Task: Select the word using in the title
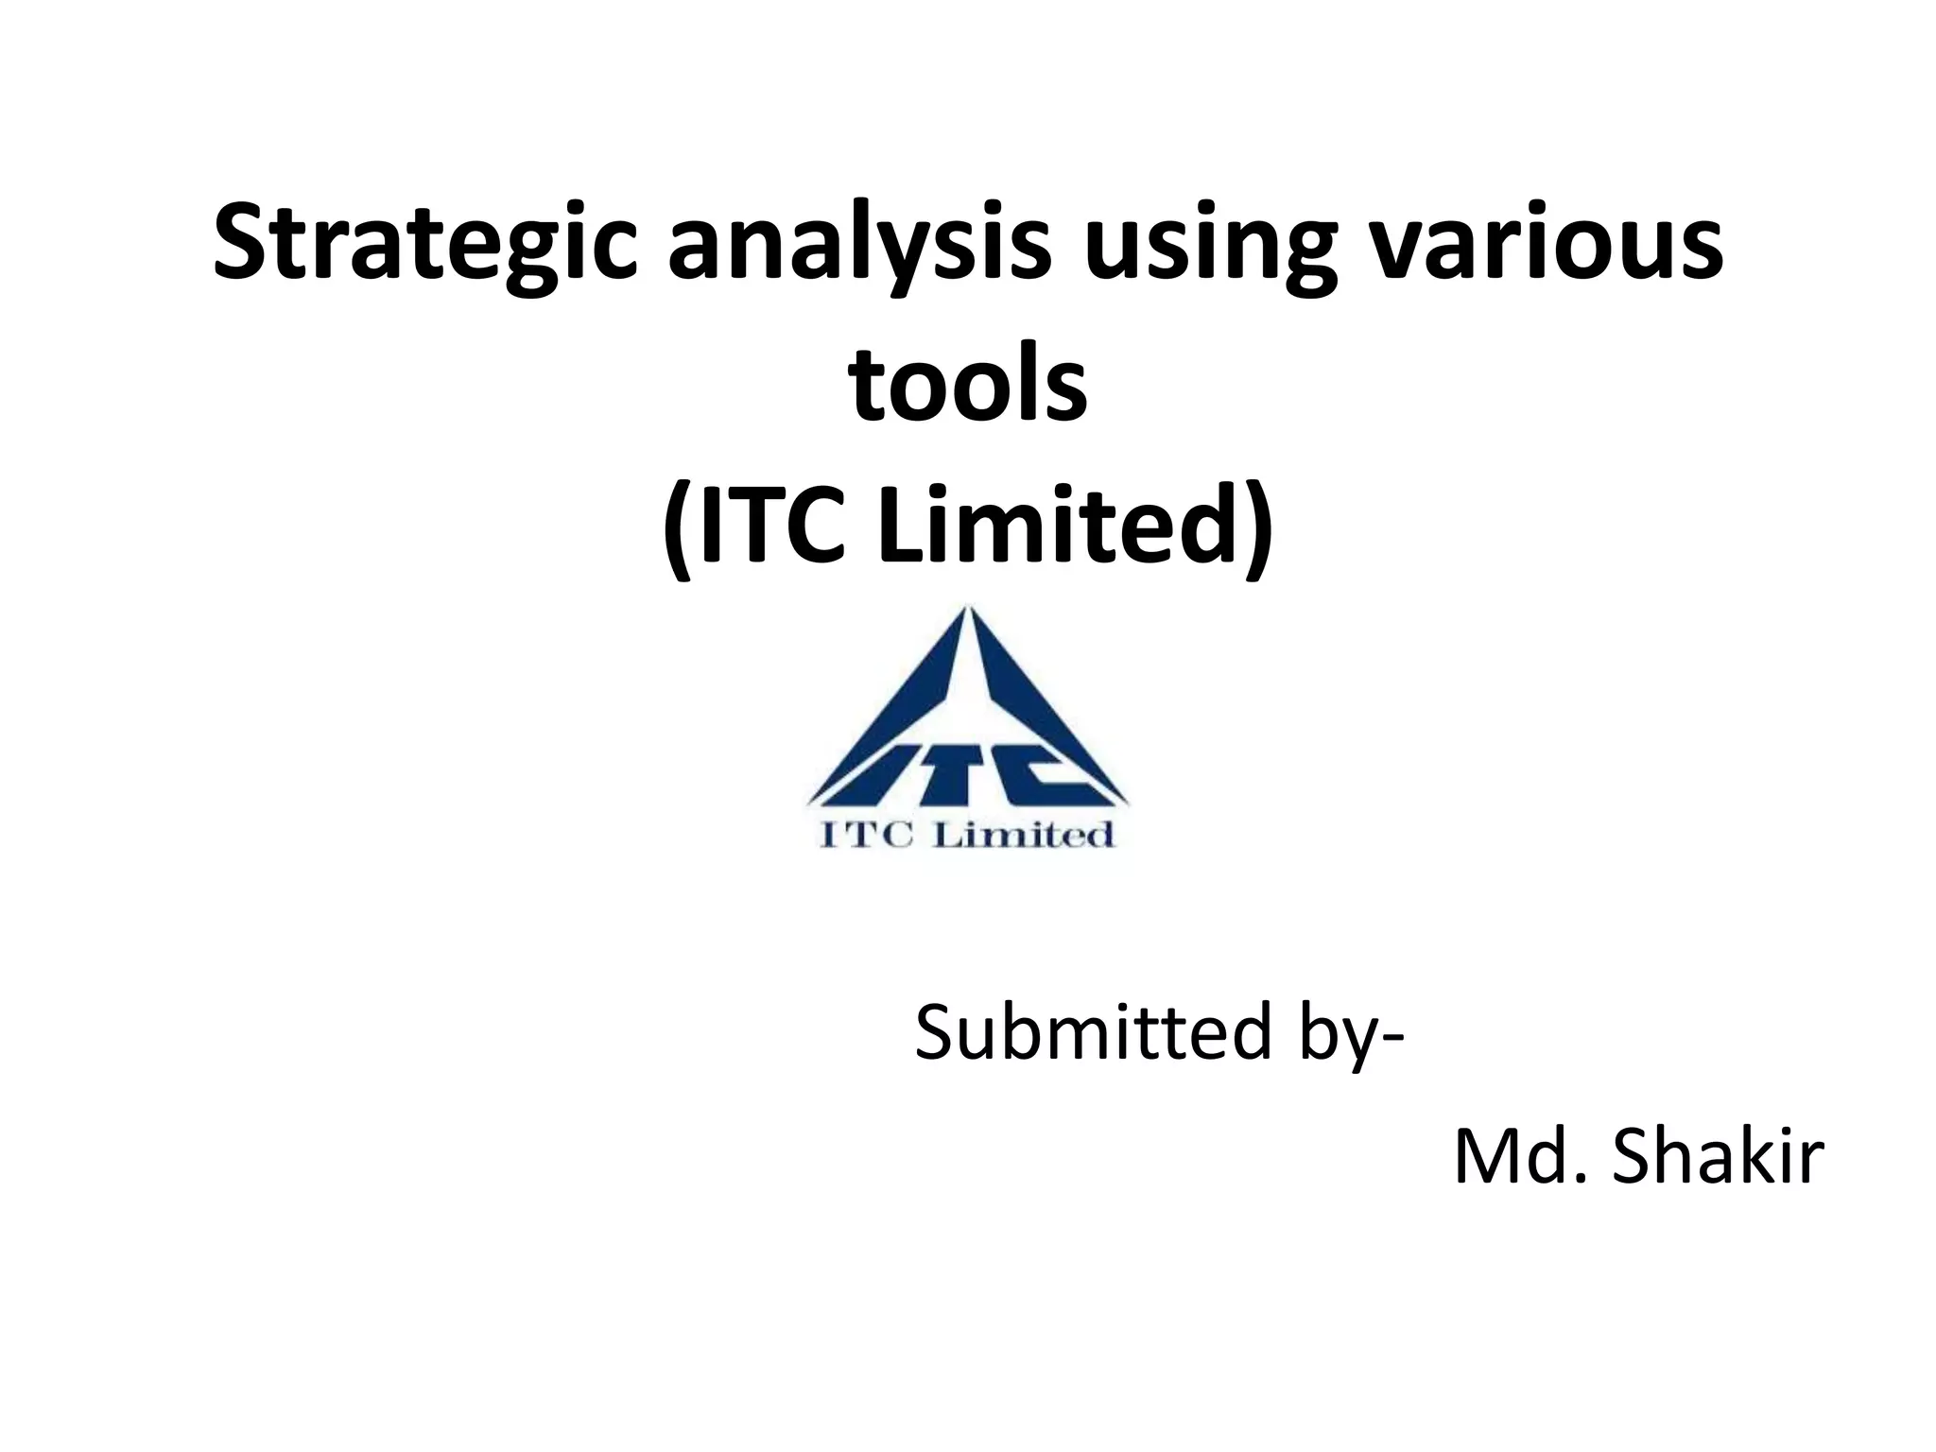click(x=1209, y=241)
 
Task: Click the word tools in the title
click(x=968, y=384)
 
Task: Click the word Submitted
click(x=1092, y=1032)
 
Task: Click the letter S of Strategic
click(x=236, y=241)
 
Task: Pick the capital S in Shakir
click(x=1637, y=1159)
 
